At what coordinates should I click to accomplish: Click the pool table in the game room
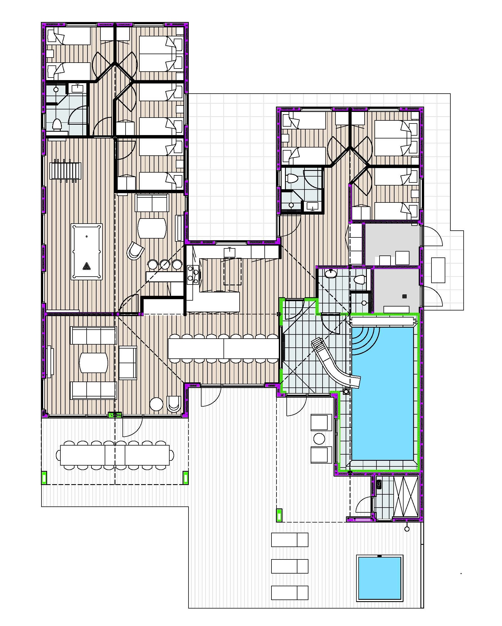[x=87, y=252]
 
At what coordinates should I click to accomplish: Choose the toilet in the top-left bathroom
[x=57, y=125]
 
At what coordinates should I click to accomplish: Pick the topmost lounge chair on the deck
[x=289, y=539]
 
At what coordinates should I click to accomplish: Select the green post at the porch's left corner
[x=44, y=478]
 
